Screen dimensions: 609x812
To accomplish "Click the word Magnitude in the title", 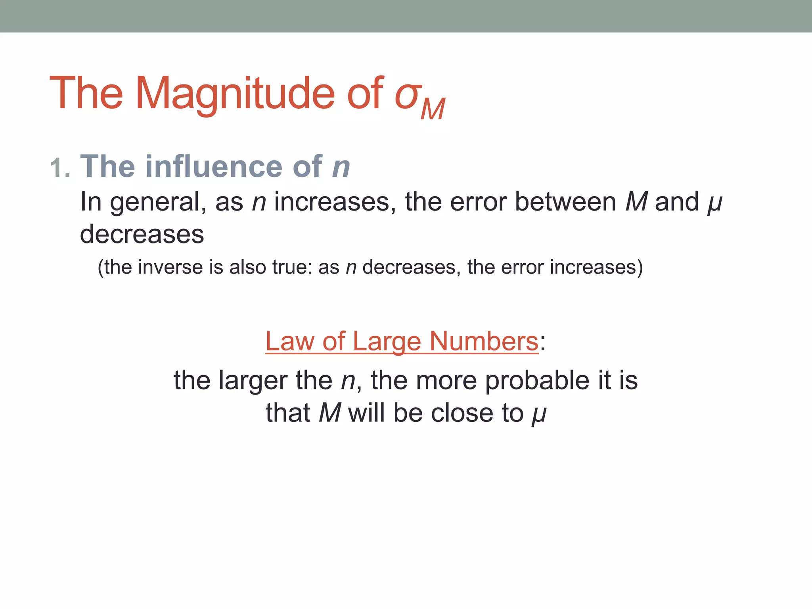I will pos(235,94).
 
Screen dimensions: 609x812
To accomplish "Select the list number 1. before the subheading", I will pos(60,168).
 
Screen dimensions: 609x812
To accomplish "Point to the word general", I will pos(158,202).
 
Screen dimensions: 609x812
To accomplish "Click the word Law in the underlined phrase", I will pos(290,341).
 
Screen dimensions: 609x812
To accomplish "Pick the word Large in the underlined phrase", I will pos(386,341).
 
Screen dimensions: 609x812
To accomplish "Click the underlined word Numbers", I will pos(484,341).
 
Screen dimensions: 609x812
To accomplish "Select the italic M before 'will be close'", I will pos(330,413).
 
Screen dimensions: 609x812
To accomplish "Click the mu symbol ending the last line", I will pos(539,414).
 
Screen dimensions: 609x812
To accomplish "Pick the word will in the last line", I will pos(366,413).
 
